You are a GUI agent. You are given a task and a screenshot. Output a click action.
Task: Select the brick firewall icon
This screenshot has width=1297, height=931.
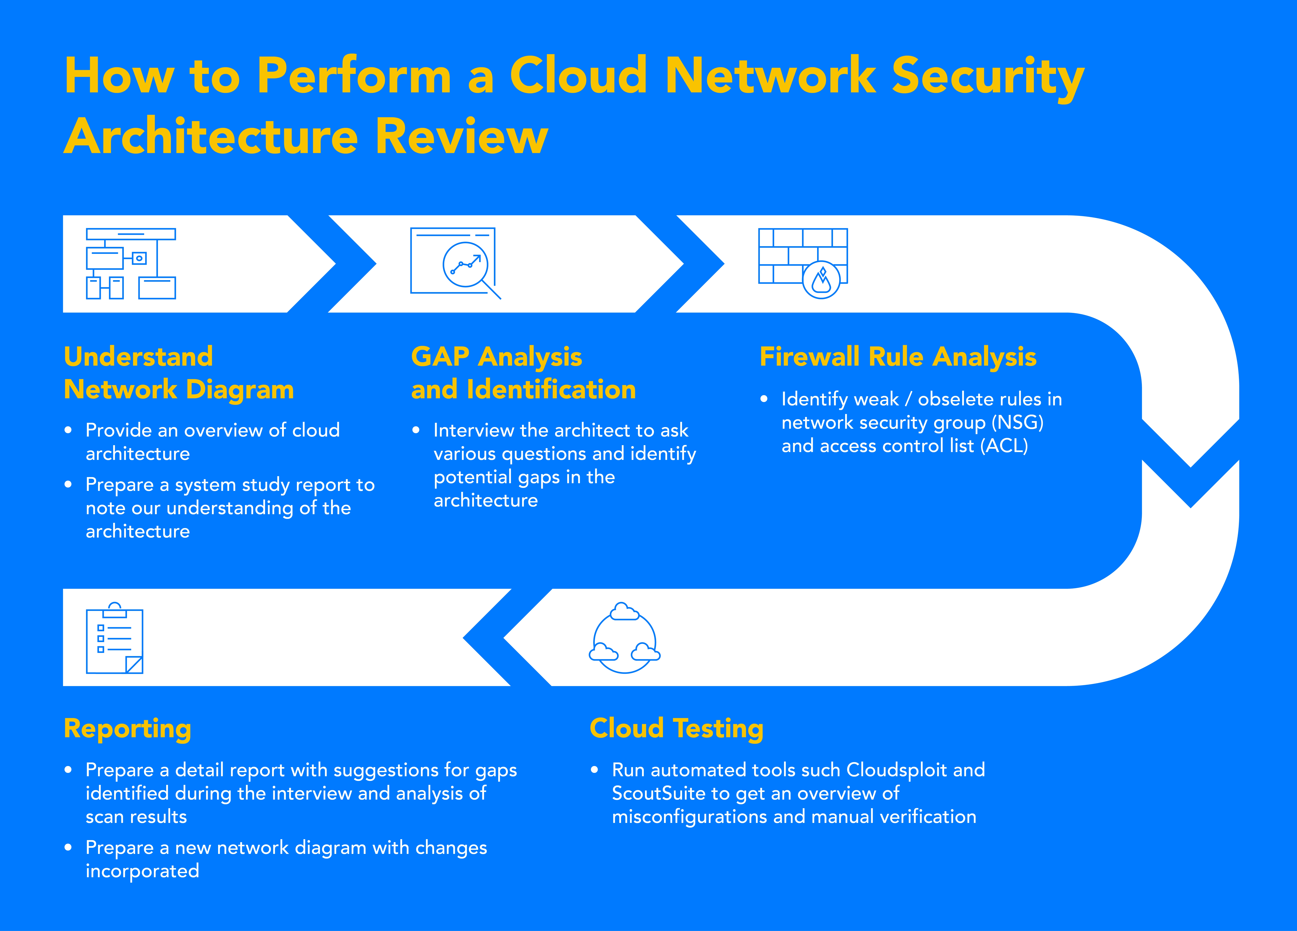pyautogui.click(x=803, y=263)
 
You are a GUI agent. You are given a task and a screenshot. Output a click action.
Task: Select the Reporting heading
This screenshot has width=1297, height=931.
pyautogui.click(x=128, y=729)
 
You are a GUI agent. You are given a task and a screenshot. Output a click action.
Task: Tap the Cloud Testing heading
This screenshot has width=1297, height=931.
pyautogui.click(x=677, y=729)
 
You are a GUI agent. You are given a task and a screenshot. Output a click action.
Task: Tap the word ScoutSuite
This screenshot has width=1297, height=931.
pyautogui.click(x=659, y=793)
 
